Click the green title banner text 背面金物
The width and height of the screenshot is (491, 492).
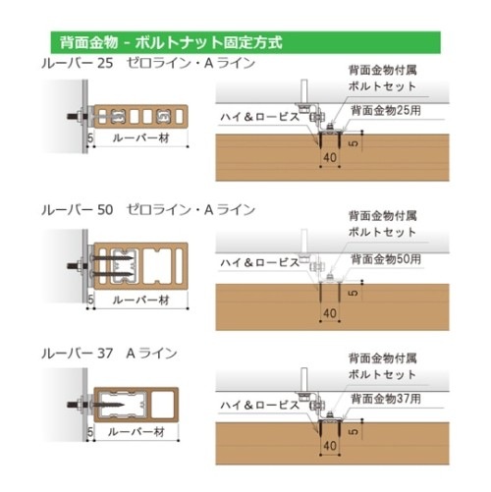[88, 42]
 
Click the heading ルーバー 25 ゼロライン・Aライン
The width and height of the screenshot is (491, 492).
[148, 63]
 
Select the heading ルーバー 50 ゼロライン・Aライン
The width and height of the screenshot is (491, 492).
[148, 210]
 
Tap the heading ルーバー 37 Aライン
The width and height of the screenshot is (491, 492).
[109, 354]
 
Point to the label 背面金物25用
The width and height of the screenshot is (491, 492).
[386, 111]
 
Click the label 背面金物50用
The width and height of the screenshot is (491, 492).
[386, 259]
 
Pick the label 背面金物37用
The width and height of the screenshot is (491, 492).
[386, 399]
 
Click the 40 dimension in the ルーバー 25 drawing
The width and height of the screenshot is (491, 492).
[330, 157]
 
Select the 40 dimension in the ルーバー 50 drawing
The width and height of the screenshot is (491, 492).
[330, 313]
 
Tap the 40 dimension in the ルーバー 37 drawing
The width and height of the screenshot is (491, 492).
[330, 446]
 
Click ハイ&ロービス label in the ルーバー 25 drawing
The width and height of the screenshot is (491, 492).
[260, 117]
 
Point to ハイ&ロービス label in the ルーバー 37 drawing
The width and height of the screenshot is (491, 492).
[260, 406]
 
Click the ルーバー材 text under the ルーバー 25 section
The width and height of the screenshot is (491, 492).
[141, 138]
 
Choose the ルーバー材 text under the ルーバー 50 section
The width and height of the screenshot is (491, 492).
[141, 301]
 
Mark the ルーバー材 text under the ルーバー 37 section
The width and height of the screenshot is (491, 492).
[136, 432]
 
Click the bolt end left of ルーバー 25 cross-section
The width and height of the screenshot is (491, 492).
[72, 116]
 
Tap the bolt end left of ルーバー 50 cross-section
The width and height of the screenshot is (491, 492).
[72, 265]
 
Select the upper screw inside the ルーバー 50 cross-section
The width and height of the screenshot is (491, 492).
[112, 258]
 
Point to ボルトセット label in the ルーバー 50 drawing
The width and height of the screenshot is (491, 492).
[382, 232]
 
